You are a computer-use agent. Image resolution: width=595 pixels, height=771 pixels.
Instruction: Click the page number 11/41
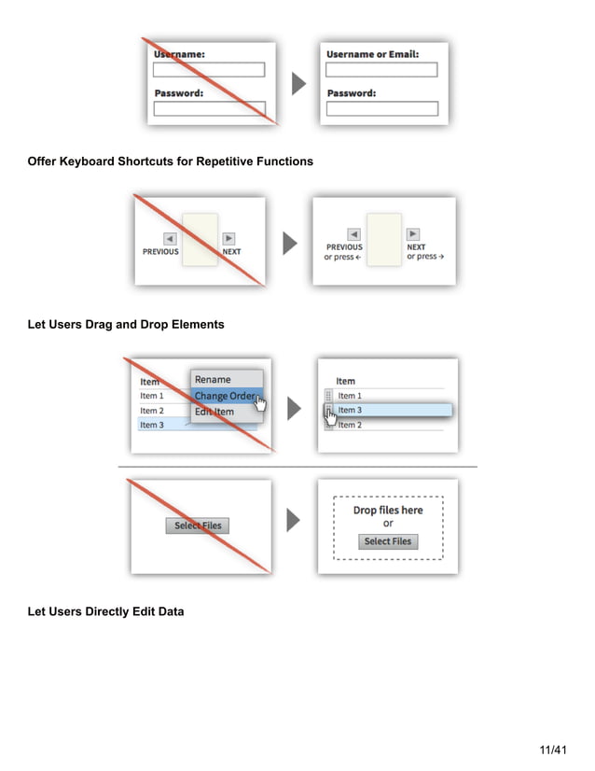[553, 750]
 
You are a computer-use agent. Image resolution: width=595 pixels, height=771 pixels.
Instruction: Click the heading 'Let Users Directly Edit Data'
[105, 611]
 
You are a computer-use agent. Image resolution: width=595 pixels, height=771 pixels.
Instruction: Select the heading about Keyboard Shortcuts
[170, 161]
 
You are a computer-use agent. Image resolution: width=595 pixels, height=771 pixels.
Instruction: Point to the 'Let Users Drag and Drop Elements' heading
[125, 325]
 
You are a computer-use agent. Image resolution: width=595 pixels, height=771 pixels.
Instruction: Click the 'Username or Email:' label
[372, 54]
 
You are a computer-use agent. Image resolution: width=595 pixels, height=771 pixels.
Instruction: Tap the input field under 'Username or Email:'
[381, 70]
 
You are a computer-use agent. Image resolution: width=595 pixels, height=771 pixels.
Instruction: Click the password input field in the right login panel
[381, 109]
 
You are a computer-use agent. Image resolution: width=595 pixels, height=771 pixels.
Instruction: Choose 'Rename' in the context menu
[213, 379]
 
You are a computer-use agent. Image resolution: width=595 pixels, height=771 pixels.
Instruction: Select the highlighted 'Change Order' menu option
[225, 396]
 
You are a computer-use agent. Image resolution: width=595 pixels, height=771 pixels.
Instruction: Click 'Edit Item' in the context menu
[214, 412]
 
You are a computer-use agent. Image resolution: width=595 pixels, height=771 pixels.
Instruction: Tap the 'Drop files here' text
[388, 511]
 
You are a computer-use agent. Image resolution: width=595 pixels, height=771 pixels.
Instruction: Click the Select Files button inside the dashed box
[388, 541]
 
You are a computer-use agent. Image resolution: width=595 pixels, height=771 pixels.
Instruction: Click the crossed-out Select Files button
[199, 526]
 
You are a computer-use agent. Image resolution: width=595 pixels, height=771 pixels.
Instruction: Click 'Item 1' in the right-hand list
[350, 396]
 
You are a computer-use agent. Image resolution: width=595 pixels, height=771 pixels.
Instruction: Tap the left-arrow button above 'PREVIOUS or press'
[353, 234]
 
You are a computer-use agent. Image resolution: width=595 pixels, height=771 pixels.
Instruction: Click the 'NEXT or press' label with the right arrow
[424, 252]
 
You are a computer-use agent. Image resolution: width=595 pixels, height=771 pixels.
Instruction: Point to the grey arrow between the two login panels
[298, 84]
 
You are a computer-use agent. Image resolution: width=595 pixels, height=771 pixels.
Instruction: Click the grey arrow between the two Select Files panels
[294, 521]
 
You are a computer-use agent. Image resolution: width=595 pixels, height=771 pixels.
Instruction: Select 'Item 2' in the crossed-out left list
[151, 411]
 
